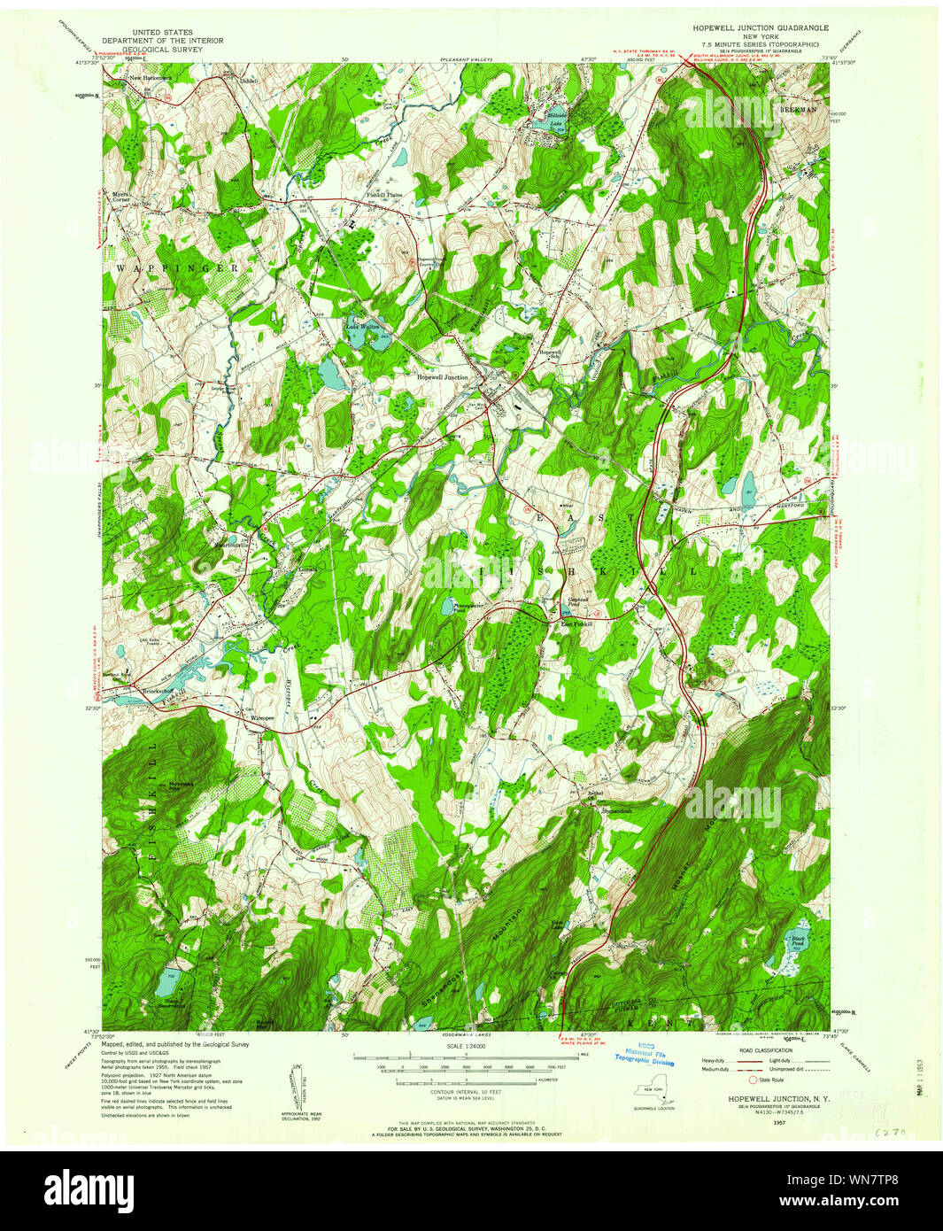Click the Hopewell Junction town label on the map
pyautogui.click(x=443, y=377)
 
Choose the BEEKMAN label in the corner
pyautogui.click(x=796, y=107)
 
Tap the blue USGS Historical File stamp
pyautogui.click(x=645, y=1056)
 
